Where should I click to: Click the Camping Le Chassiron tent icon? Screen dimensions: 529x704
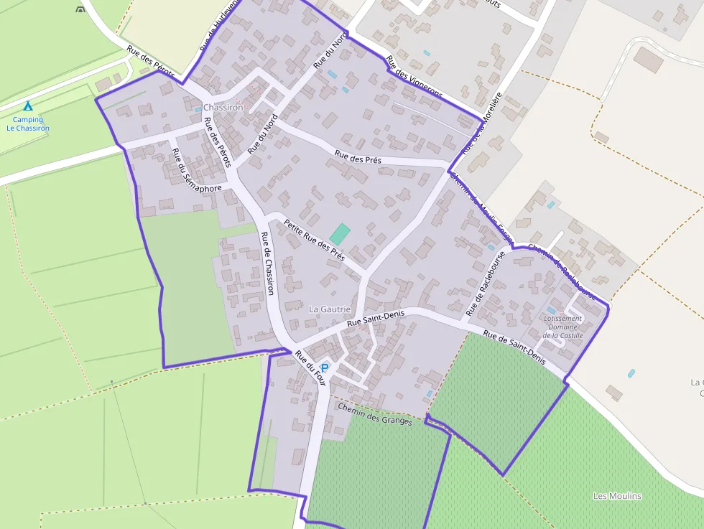click(x=28, y=106)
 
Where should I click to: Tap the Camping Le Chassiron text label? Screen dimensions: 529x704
click(x=28, y=124)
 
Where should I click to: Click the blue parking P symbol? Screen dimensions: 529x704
click(x=325, y=368)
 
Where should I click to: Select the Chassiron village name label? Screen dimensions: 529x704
click(x=223, y=108)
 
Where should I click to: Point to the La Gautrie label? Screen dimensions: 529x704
click(x=330, y=309)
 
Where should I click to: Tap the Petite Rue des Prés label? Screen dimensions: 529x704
click(x=314, y=240)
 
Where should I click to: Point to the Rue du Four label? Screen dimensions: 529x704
click(x=311, y=370)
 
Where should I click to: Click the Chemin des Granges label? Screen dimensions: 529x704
click(x=375, y=414)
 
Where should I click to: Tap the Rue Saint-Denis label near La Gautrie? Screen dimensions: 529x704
click(x=376, y=319)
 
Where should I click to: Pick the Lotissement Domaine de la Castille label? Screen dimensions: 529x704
click(x=563, y=327)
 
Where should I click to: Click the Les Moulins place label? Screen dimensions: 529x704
click(x=617, y=496)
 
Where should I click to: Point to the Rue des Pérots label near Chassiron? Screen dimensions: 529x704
click(x=217, y=142)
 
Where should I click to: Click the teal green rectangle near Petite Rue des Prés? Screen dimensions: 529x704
click(x=340, y=233)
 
